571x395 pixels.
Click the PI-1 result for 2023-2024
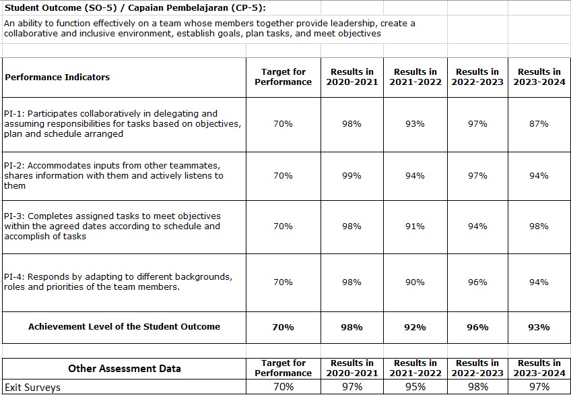point(539,124)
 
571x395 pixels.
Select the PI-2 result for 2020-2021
point(351,176)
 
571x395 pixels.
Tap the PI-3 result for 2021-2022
point(415,226)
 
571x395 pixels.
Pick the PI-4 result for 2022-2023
point(477,282)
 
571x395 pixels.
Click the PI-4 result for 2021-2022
point(415,282)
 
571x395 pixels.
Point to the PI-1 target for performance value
point(283,124)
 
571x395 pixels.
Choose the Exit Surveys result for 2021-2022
point(415,387)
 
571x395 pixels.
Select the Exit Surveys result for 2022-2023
point(477,387)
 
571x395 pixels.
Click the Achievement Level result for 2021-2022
point(415,327)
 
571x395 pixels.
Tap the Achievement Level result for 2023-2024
point(539,327)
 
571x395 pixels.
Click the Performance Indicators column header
point(57,78)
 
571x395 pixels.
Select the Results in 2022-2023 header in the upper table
point(477,77)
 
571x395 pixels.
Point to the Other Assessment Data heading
point(124,369)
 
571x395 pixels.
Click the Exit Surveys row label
point(32,387)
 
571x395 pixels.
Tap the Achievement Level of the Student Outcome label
point(124,326)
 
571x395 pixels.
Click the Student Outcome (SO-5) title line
point(135,8)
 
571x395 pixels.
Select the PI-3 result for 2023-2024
point(539,226)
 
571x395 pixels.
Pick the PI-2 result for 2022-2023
point(477,176)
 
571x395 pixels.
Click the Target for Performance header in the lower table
point(283,368)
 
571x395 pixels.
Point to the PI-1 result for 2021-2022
point(415,124)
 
